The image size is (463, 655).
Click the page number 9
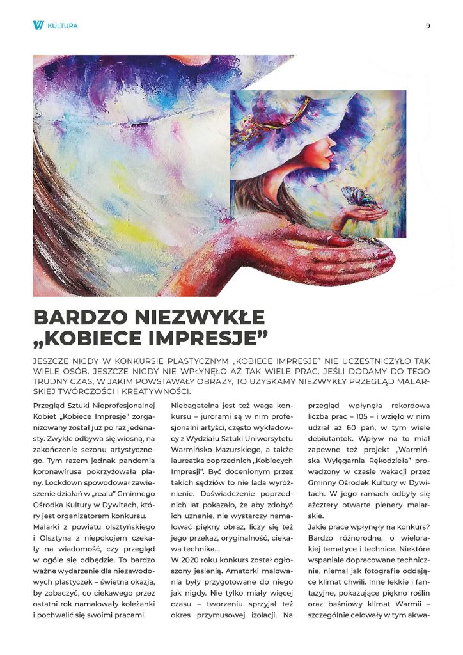pos(427,26)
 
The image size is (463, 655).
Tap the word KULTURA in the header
pos(63,26)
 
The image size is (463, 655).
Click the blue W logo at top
pos(38,26)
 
